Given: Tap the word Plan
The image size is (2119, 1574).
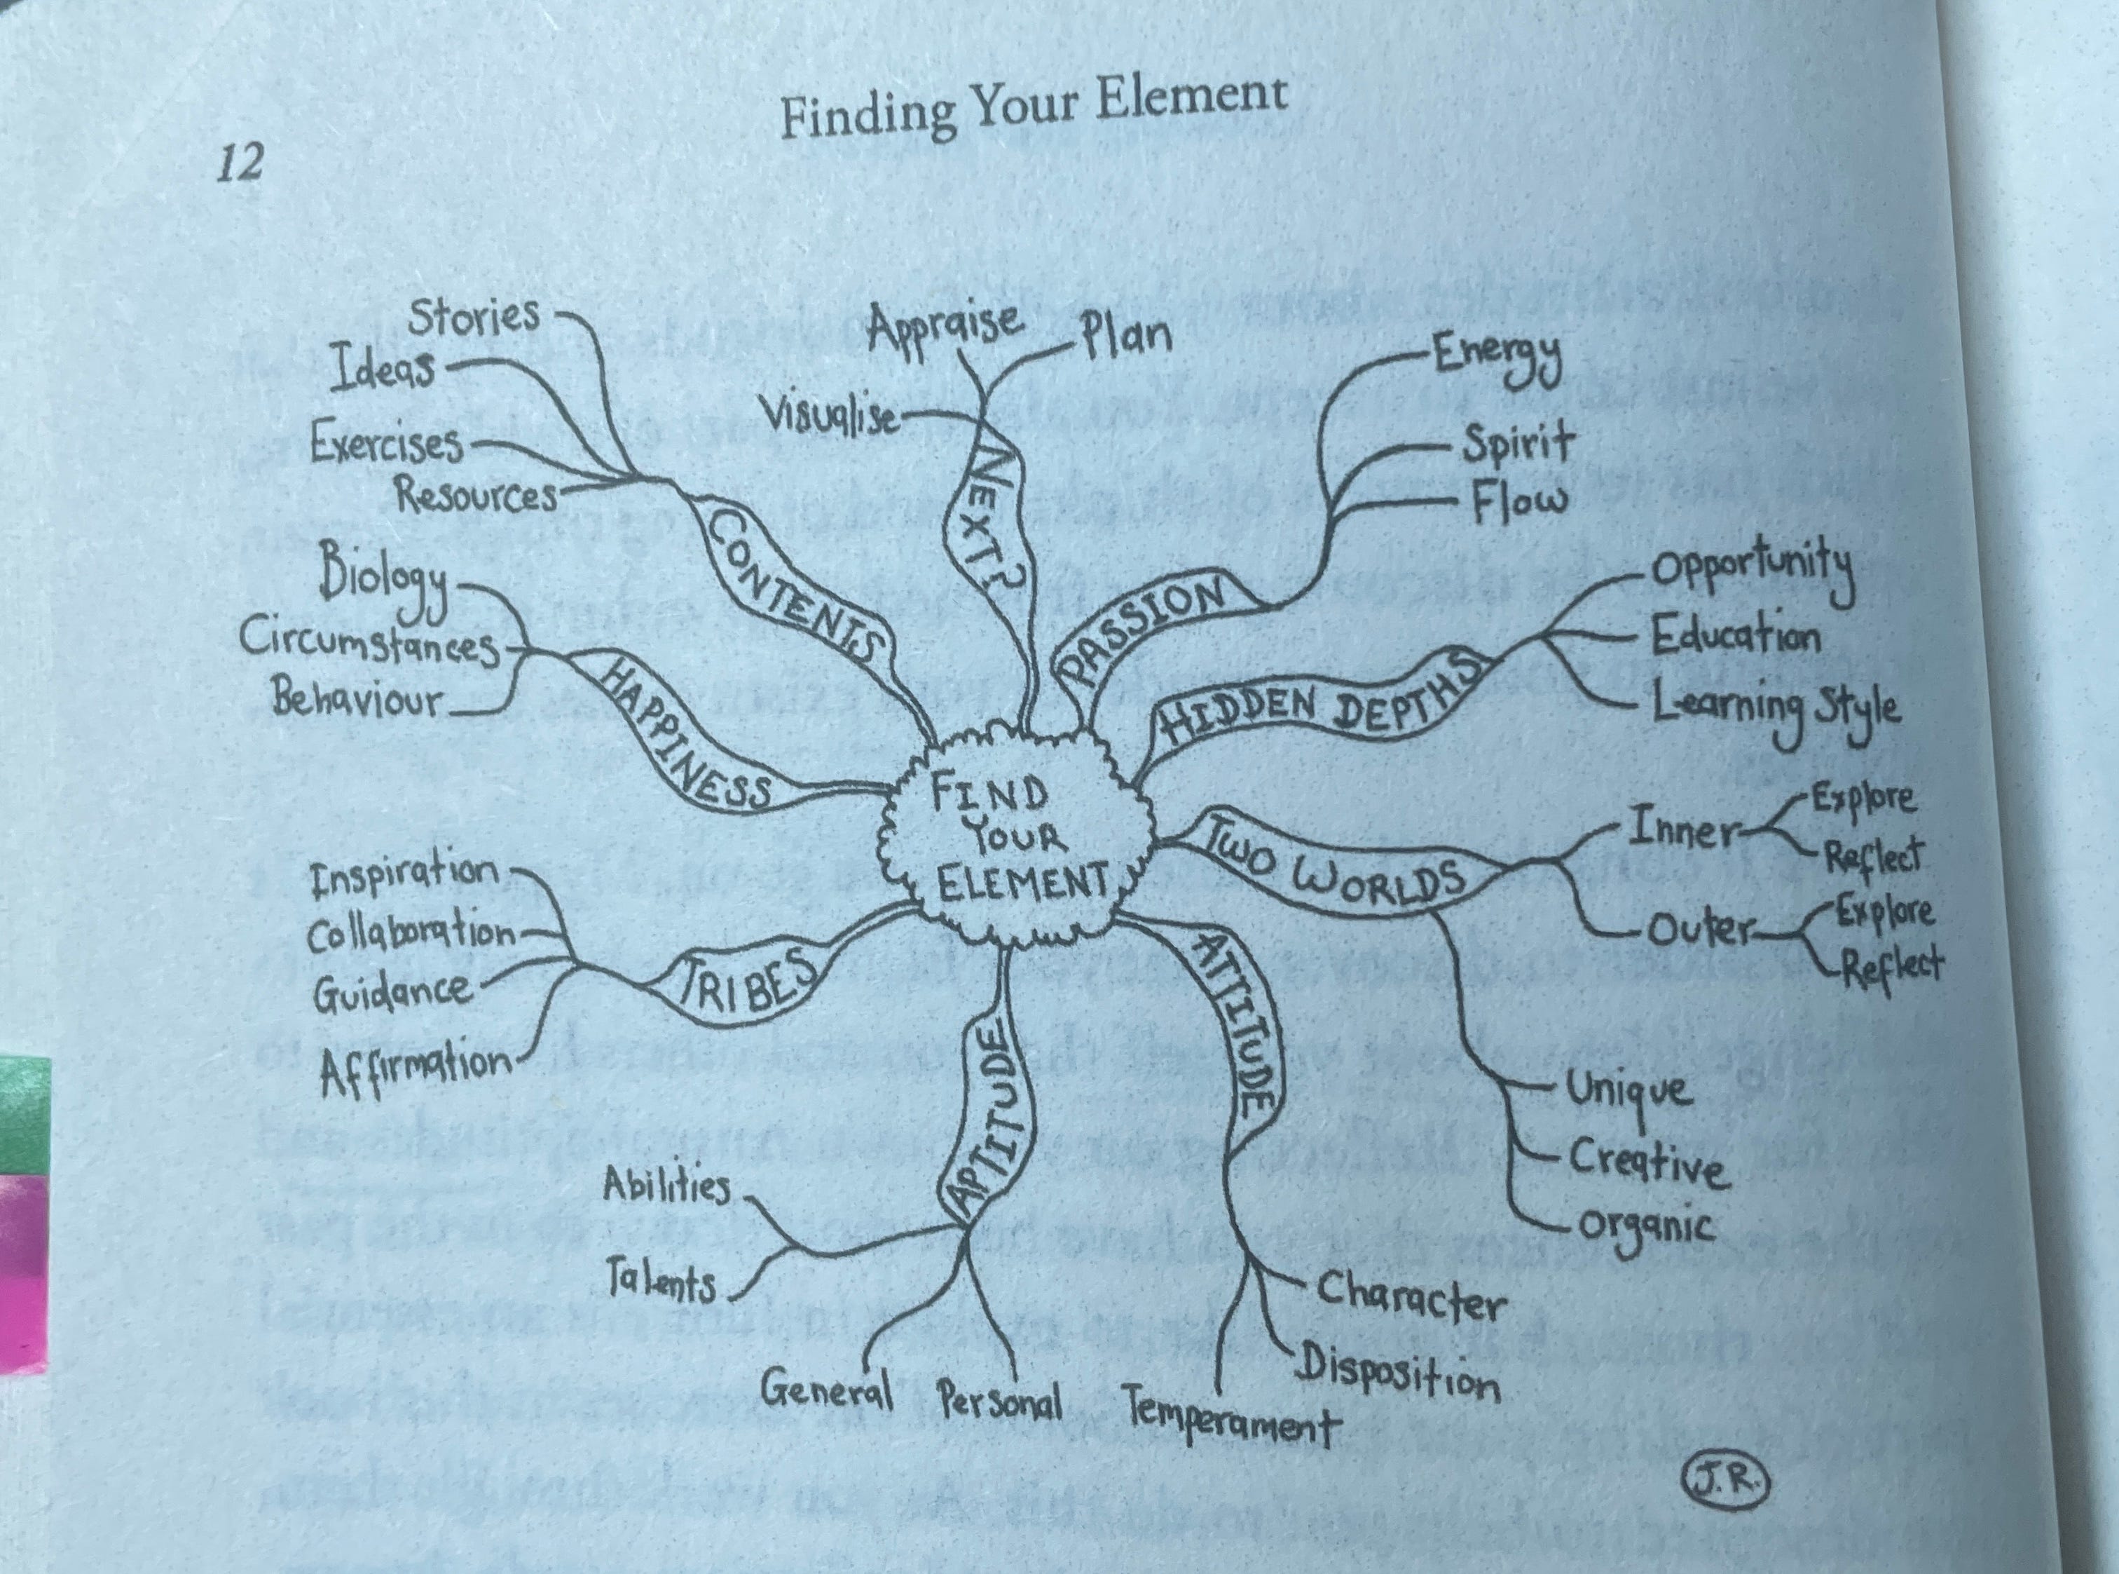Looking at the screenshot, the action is click(x=1124, y=335).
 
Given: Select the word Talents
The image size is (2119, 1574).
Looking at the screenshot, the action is click(x=661, y=1284).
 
